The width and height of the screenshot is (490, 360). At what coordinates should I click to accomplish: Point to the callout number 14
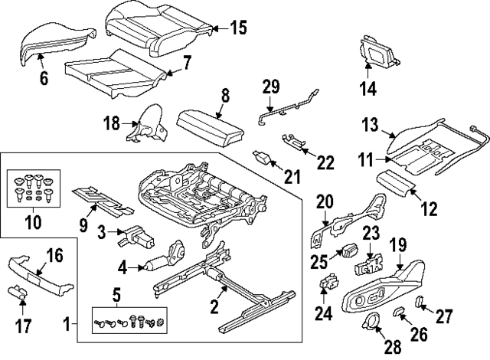point(368,88)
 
